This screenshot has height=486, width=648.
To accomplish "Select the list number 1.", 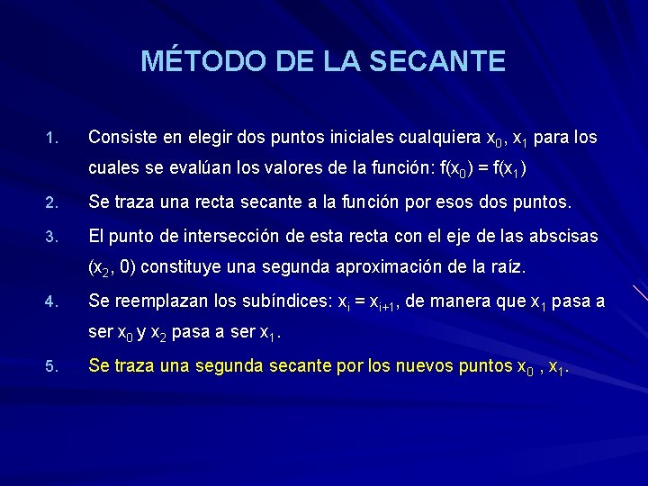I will tap(50, 139).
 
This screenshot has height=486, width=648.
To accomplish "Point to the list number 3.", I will tap(50, 238).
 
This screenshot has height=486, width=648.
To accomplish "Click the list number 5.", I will tap(50, 365).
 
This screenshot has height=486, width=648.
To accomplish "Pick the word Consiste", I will tap(121, 138).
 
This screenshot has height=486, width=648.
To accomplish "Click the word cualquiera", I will tap(440, 138).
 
